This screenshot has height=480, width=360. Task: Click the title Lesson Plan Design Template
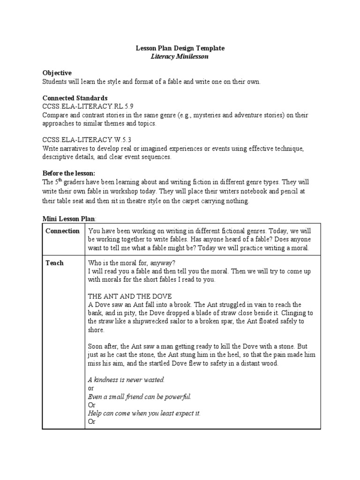pos(180,48)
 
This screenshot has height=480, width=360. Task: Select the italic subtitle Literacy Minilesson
pos(180,56)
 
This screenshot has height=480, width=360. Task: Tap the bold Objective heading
pos(57,73)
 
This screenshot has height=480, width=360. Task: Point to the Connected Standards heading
pos(75,98)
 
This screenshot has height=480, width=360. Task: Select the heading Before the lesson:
pos(68,173)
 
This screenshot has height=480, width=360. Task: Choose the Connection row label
pos(62,231)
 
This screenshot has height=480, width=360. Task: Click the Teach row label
pos(54,263)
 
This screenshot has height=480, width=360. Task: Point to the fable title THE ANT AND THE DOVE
pos(130,296)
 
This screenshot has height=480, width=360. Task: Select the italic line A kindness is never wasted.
pos(127,380)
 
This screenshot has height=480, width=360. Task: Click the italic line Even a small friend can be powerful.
pos(140,397)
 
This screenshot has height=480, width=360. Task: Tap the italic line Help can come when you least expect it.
pos(144,413)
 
